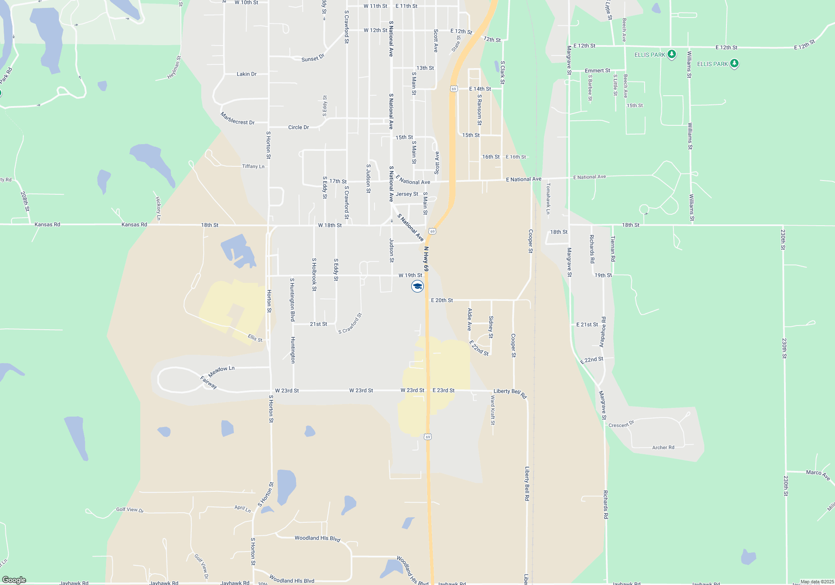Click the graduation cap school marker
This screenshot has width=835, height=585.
coord(417,286)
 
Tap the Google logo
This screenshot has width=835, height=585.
coord(14,580)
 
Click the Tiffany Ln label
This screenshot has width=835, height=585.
coord(253,166)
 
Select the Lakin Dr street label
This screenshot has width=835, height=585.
coord(246,74)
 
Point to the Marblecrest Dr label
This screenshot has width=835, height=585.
coord(237,119)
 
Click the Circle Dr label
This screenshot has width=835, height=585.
coord(299,127)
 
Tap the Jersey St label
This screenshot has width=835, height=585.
coord(407,194)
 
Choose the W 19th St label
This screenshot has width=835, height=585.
coord(410,275)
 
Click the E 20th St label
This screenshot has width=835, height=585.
coord(442,300)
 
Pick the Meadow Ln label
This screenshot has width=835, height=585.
coord(221,371)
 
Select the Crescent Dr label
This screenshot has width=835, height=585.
coord(621,424)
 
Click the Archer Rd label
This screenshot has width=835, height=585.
coord(663,448)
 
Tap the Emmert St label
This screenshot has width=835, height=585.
coord(597,71)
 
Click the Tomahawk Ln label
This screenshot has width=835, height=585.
coord(548,198)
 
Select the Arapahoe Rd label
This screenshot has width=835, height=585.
coord(602,332)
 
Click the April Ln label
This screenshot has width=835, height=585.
coord(243,509)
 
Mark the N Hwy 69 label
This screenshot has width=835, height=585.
coord(426,259)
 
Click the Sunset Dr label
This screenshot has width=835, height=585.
coord(313,58)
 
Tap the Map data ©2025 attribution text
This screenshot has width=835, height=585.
coord(817,582)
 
